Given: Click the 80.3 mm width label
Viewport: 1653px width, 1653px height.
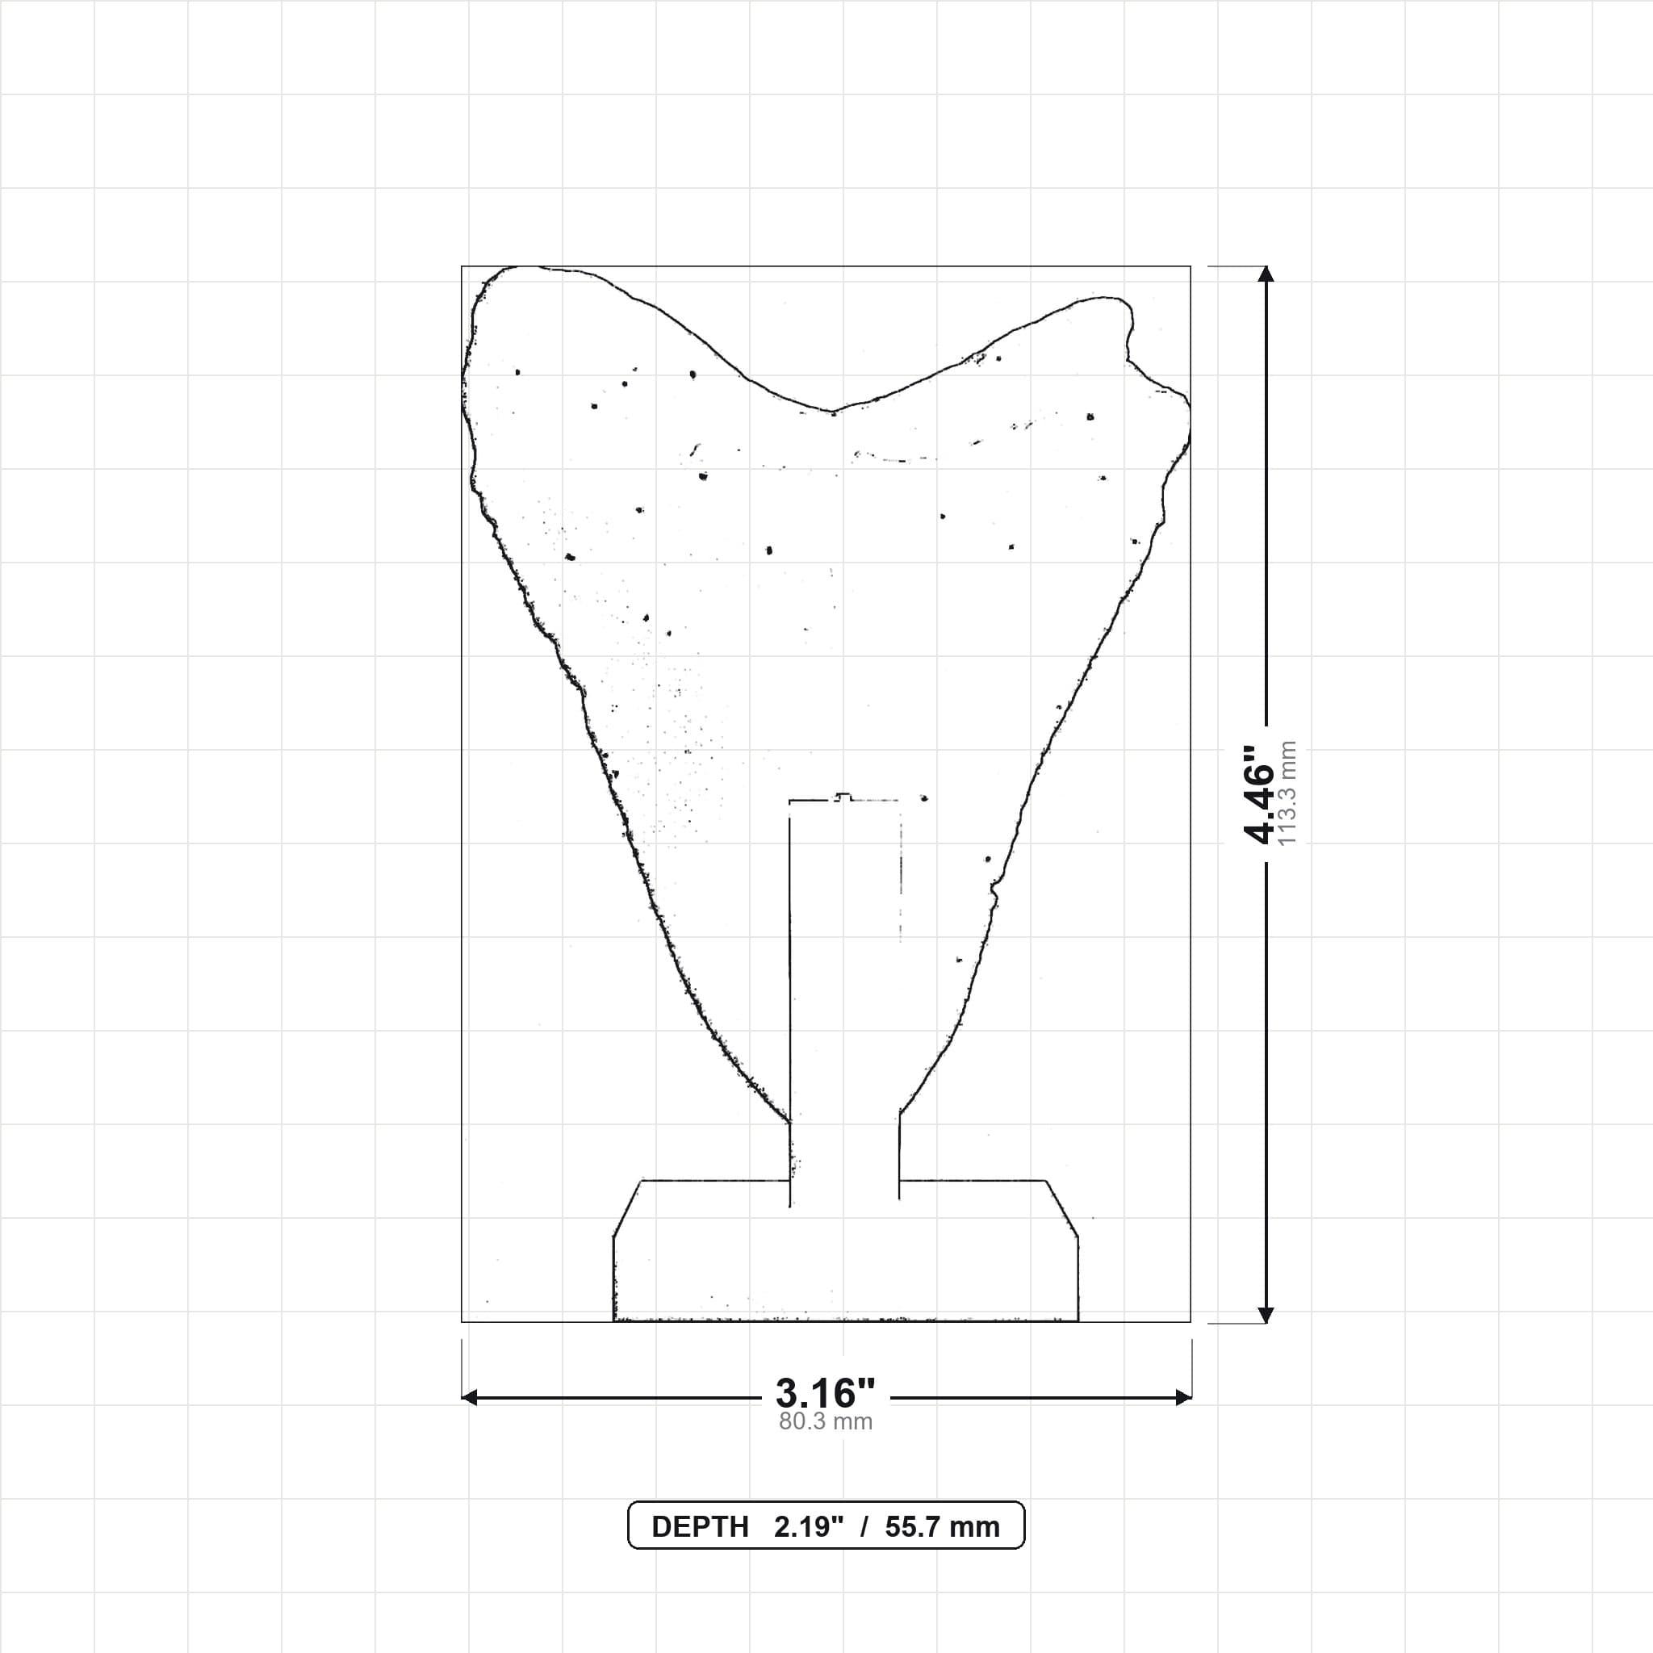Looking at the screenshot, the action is (826, 1422).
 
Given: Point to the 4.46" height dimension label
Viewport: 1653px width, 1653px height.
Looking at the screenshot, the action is (1259, 793).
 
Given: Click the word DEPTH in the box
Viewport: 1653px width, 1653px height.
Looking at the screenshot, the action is (700, 1527).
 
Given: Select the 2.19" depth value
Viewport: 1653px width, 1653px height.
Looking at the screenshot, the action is (809, 1527).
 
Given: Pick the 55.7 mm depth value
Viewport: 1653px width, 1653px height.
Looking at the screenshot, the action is (942, 1527).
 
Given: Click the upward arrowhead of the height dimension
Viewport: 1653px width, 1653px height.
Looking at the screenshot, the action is (1266, 274).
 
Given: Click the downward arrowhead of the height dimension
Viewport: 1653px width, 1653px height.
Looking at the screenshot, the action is (1266, 1314).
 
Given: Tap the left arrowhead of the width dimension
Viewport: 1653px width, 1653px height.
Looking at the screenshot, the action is (470, 1398).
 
